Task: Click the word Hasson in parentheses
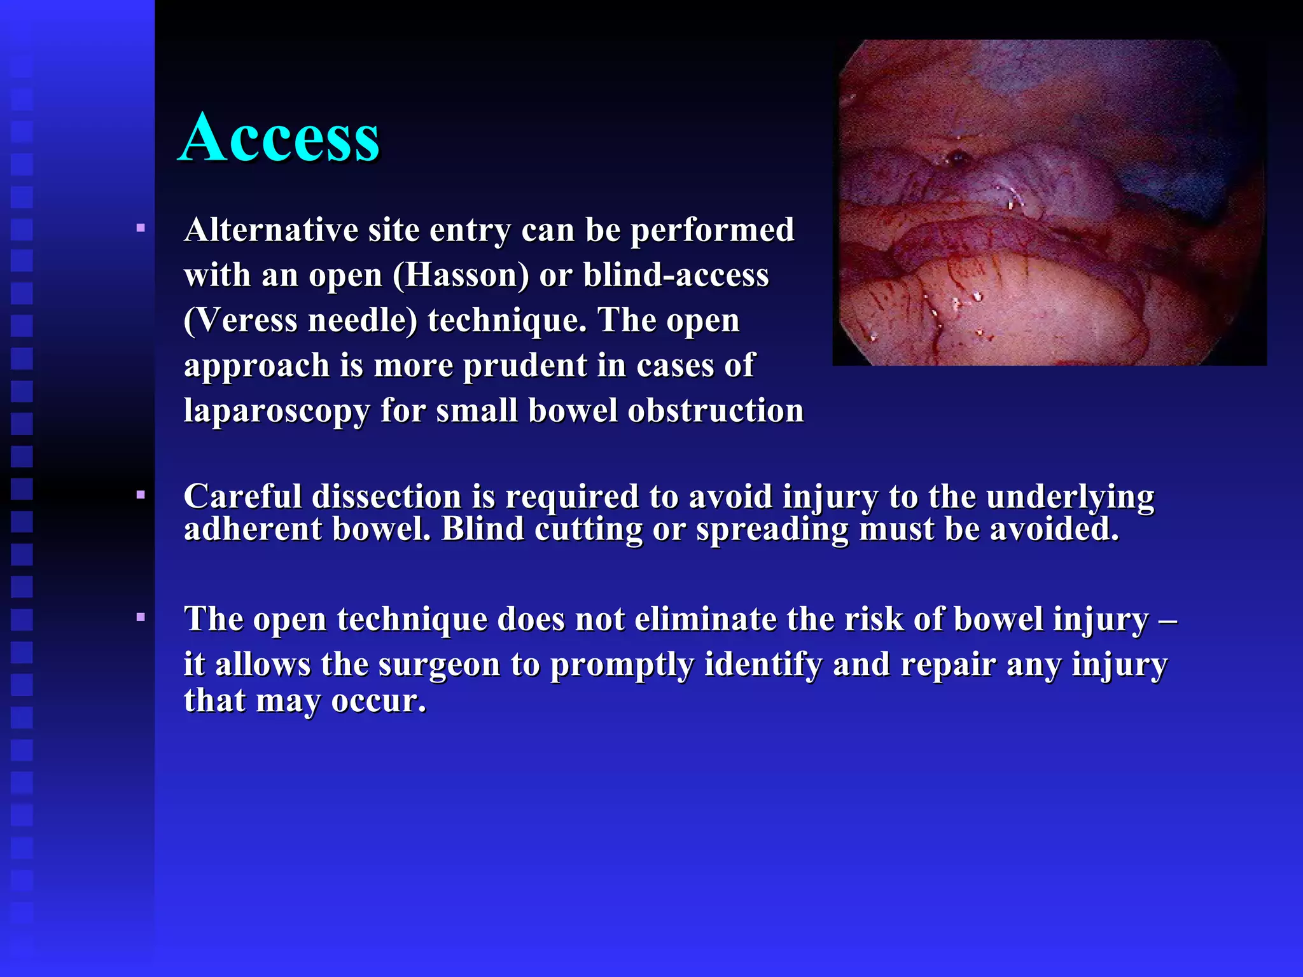[461, 276]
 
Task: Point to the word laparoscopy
[277, 411]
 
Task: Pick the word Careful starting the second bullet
[242, 496]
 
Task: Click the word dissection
[386, 496]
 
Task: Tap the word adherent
[253, 529]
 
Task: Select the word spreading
[772, 529]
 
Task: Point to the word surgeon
[439, 665]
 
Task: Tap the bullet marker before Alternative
[141, 228]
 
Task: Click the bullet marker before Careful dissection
[141, 494]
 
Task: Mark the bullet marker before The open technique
[141, 616]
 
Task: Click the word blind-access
[676, 276]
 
